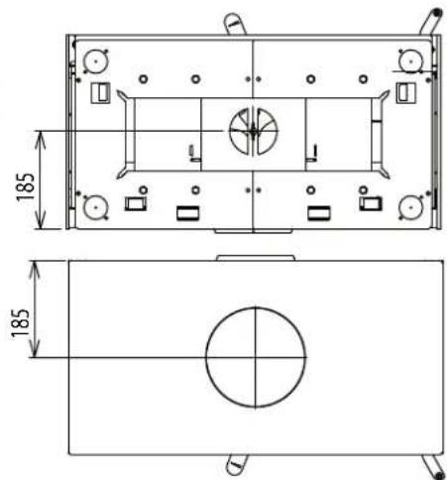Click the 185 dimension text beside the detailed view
(26, 187)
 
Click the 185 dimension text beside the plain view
(20, 323)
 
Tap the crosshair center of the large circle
(256, 357)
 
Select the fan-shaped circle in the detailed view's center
(254, 131)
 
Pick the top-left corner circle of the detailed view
(96, 61)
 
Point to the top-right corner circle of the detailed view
(411, 61)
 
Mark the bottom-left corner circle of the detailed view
(96, 207)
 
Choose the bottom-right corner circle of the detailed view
(411, 207)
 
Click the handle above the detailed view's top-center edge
(235, 24)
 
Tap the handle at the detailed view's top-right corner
(431, 22)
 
